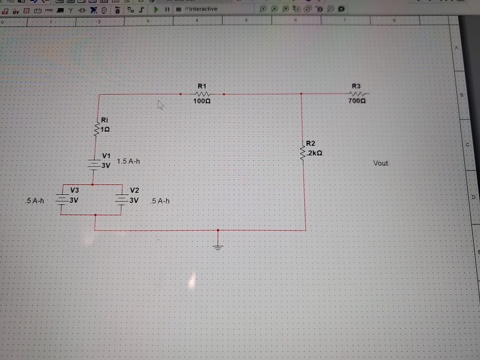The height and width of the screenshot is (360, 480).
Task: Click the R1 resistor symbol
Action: coord(202,94)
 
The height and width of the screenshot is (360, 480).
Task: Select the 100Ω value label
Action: coord(202,101)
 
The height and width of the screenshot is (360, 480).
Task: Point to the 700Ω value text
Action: coord(357,101)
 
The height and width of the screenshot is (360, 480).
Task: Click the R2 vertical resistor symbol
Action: coord(302,153)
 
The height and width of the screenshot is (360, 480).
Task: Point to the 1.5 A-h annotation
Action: coord(128,161)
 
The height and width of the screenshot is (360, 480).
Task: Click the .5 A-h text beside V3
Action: coord(35,201)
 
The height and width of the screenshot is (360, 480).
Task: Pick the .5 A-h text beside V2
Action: coord(160,201)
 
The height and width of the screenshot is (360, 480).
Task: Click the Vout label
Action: coord(380,163)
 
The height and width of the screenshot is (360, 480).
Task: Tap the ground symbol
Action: coord(218,246)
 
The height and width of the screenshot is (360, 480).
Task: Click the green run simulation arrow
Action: coord(156,9)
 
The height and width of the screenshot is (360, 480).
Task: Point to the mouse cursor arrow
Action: coord(161,105)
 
